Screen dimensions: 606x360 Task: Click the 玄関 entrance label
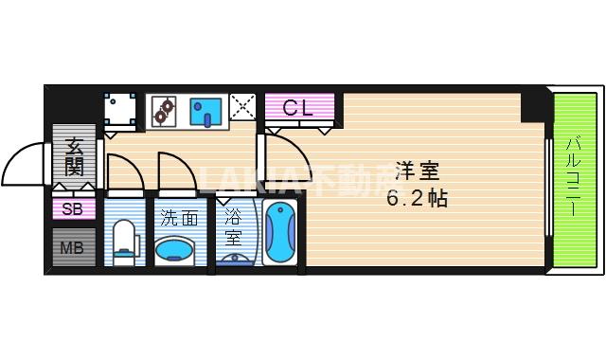coord(73,158)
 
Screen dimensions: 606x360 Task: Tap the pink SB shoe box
coord(73,209)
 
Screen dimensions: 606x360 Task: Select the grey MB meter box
coord(73,249)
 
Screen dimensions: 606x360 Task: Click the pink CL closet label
coord(299,109)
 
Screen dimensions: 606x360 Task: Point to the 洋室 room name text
coord(417,172)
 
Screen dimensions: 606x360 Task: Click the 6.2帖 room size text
coord(417,199)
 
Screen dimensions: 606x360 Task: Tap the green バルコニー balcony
coord(576,177)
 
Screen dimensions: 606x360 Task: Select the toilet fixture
coord(124,239)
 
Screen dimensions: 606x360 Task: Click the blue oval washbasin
coord(177,249)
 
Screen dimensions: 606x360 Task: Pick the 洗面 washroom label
coord(179,217)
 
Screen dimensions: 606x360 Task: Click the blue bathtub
coord(280,233)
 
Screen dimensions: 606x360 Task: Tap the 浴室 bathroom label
coord(234,227)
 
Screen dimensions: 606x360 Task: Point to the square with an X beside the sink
coord(243,110)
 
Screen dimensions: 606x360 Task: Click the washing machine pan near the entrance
coord(120,110)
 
